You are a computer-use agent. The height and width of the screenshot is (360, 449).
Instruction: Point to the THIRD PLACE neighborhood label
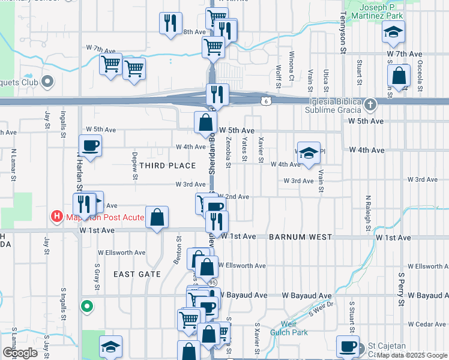(x=168, y=166)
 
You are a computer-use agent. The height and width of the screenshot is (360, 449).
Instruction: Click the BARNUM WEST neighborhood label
(x=300, y=238)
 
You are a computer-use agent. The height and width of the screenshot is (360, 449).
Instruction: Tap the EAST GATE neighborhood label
(x=137, y=274)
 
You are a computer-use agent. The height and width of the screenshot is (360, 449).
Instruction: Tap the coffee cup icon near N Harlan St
(x=90, y=145)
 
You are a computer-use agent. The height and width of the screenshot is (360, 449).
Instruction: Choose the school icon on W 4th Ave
(x=309, y=153)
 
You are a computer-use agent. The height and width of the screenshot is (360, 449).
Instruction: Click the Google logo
(x=20, y=352)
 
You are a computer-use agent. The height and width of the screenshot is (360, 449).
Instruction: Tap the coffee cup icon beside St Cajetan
(x=348, y=346)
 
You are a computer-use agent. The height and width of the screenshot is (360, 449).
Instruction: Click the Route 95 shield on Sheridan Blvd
(x=212, y=281)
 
